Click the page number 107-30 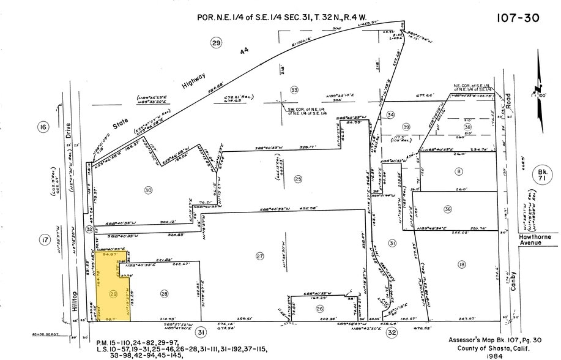[x=518, y=18]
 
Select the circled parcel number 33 [x=294, y=90]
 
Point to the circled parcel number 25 [x=298, y=179]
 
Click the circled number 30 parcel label [x=147, y=190]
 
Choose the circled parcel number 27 [x=260, y=256]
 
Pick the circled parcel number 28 [x=164, y=294]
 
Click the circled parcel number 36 [x=448, y=209]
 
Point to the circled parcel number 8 [x=458, y=172]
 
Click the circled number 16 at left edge [x=43, y=127]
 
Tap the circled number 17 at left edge [x=45, y=240]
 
